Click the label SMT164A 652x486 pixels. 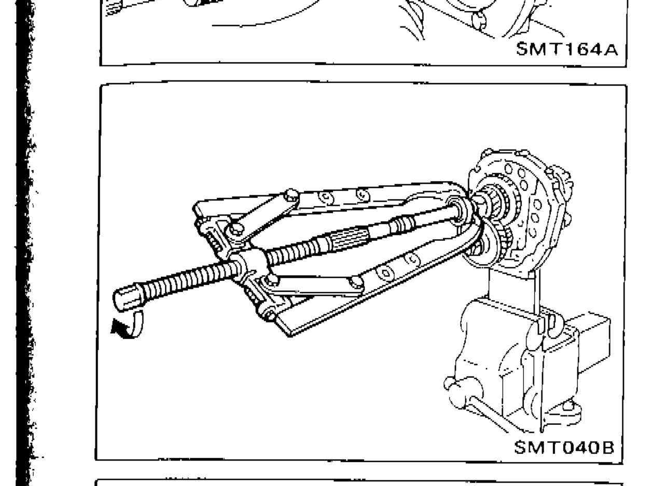(567, 49)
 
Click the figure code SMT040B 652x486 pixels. (564, 448)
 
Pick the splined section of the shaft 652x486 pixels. (347, 239)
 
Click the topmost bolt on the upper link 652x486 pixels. (290, 195)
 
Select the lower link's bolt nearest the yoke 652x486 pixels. (271, 280)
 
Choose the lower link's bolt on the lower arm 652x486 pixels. (356, 282)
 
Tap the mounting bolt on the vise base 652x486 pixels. (569, 406)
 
